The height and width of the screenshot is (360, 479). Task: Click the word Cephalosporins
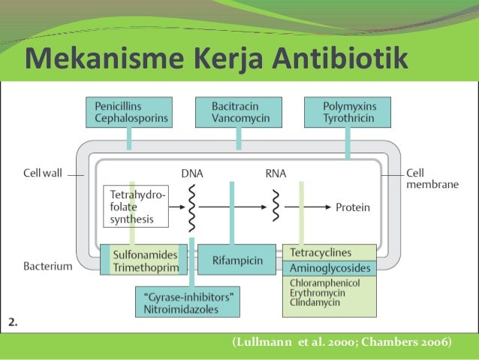coord(131,119)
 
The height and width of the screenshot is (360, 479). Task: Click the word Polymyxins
coord(339,107)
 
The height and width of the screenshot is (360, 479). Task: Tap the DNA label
coord(192,173)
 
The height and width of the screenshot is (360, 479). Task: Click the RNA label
coord(276,173)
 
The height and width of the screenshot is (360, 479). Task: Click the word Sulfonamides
coord(145,256)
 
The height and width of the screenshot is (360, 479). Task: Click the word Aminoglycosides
coord(329,268)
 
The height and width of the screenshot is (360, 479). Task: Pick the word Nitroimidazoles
coord(188,308)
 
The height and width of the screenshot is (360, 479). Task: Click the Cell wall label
coord(43,173)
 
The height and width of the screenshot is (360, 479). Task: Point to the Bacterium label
coord(47,265)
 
